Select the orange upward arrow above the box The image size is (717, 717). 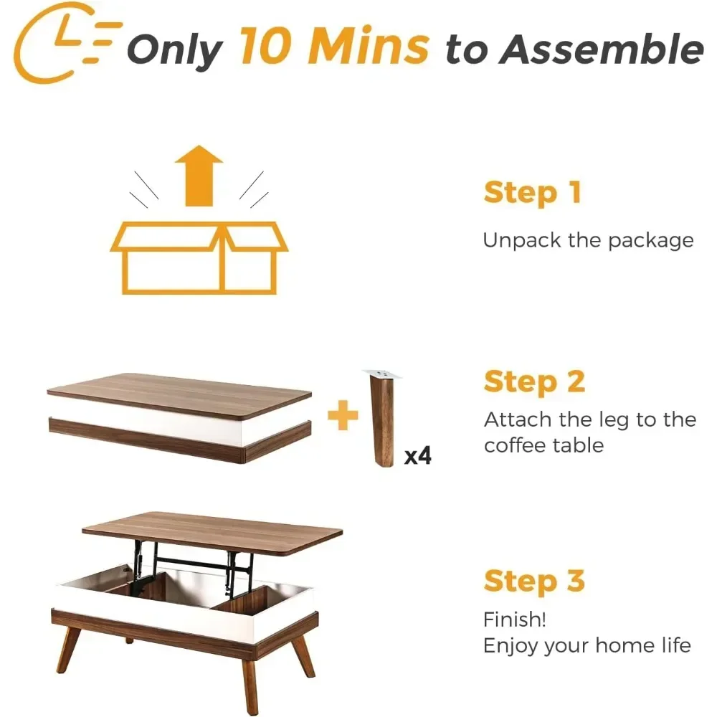pyautogui.click(x=199, y=175)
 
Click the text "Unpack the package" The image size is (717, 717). pyautogui.click(x=588, y=240)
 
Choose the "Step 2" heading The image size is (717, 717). pyautogui.click(x=534, y=381)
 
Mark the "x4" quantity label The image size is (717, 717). pyautogui.click(x=418, y=455)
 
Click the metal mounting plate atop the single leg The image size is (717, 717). pyautogui.click(x=383, y=374)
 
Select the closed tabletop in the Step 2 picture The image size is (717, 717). pyautogui.click(x=179, y=394)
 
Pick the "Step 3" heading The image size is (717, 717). pyautogui.click(x=534, y=581)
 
